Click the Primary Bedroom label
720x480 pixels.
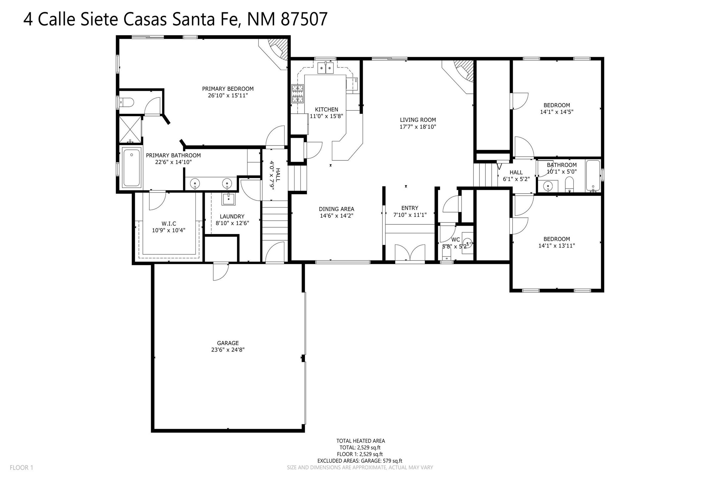(228, 89)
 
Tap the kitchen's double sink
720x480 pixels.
(325, 68)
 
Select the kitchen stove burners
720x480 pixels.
(297, 93)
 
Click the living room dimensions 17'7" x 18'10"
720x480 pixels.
(417, 127)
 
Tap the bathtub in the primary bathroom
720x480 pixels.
(132, 167)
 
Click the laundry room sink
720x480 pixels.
(229, 199)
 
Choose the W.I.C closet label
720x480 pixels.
(169, 224)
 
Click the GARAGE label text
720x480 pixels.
(228, 343)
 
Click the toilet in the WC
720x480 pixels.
(447, 254)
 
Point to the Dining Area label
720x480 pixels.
(336, 209)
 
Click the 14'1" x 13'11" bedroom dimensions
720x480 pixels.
(556, 246)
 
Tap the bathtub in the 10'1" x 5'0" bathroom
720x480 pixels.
(593, 176)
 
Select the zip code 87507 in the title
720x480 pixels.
(304, 19)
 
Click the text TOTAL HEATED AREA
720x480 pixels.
(360, 441)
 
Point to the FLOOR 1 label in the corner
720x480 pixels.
(22, 468)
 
